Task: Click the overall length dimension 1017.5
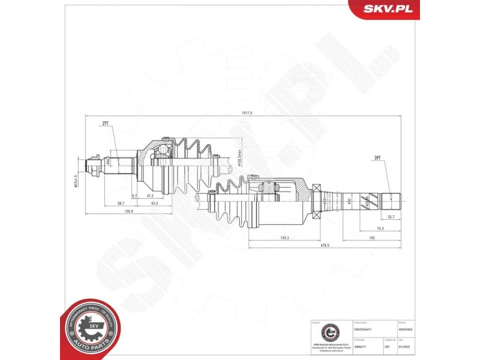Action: pos(247,113)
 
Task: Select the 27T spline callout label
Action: pos(105,123)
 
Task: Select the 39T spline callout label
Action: pos(377,157)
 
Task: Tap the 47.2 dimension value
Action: pos(150,196)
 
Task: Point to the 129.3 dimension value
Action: pos(284,238)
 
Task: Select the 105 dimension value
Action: pos(372,238)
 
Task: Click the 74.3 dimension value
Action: pos(380,229)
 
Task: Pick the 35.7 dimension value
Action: pos(391,217)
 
